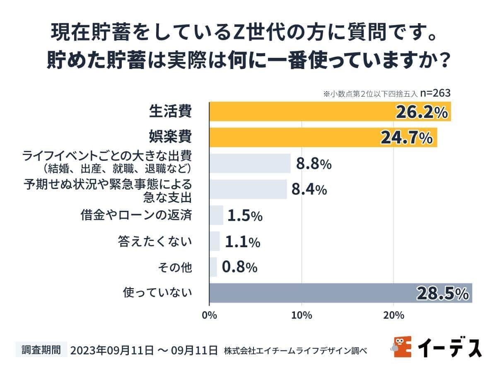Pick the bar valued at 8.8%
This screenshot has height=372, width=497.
(x=250, y=163)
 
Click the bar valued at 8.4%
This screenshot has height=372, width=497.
(x=248, y=189)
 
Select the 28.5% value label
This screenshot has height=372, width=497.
(x=442, y=293)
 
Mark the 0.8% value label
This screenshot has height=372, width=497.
(x=239, y=267)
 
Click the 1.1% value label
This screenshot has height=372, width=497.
(x=242, y=241)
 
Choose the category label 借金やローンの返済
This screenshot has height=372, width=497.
(x=136, y=215)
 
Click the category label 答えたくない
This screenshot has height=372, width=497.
(x=155, y=241)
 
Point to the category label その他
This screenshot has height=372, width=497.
(x=175, y=267)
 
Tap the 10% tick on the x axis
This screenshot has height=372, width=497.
(x=302, y=315)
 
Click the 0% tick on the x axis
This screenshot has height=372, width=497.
(x=210, y=315)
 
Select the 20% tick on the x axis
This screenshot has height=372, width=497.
(x=393, y=315)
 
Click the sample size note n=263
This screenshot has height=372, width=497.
(x=435, y=93)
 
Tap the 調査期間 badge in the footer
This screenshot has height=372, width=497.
(x=41, y=350)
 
